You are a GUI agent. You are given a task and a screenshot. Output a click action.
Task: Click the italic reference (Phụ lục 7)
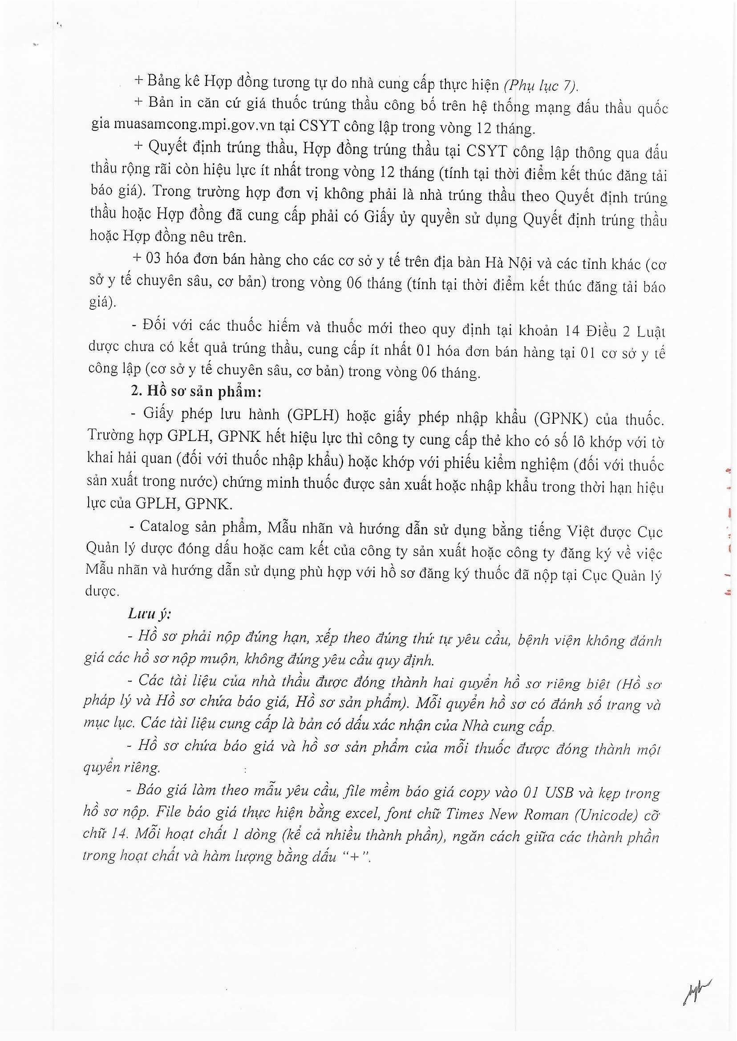point(539,85)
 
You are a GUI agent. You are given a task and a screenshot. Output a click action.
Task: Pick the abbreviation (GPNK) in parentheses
point(561,418)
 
